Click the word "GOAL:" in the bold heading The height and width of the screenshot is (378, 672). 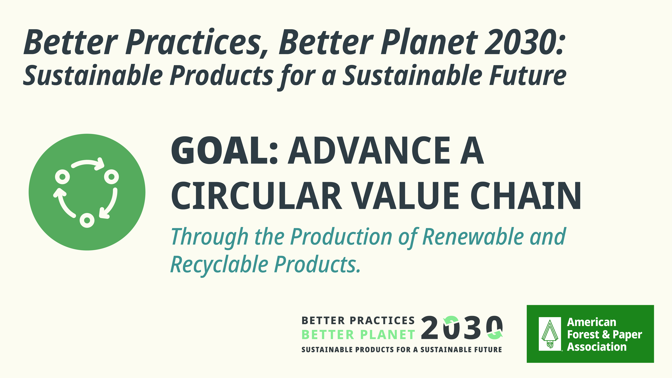point(224,151)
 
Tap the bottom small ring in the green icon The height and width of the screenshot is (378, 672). point(87,220)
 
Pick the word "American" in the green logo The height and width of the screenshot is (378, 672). point(592,322)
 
